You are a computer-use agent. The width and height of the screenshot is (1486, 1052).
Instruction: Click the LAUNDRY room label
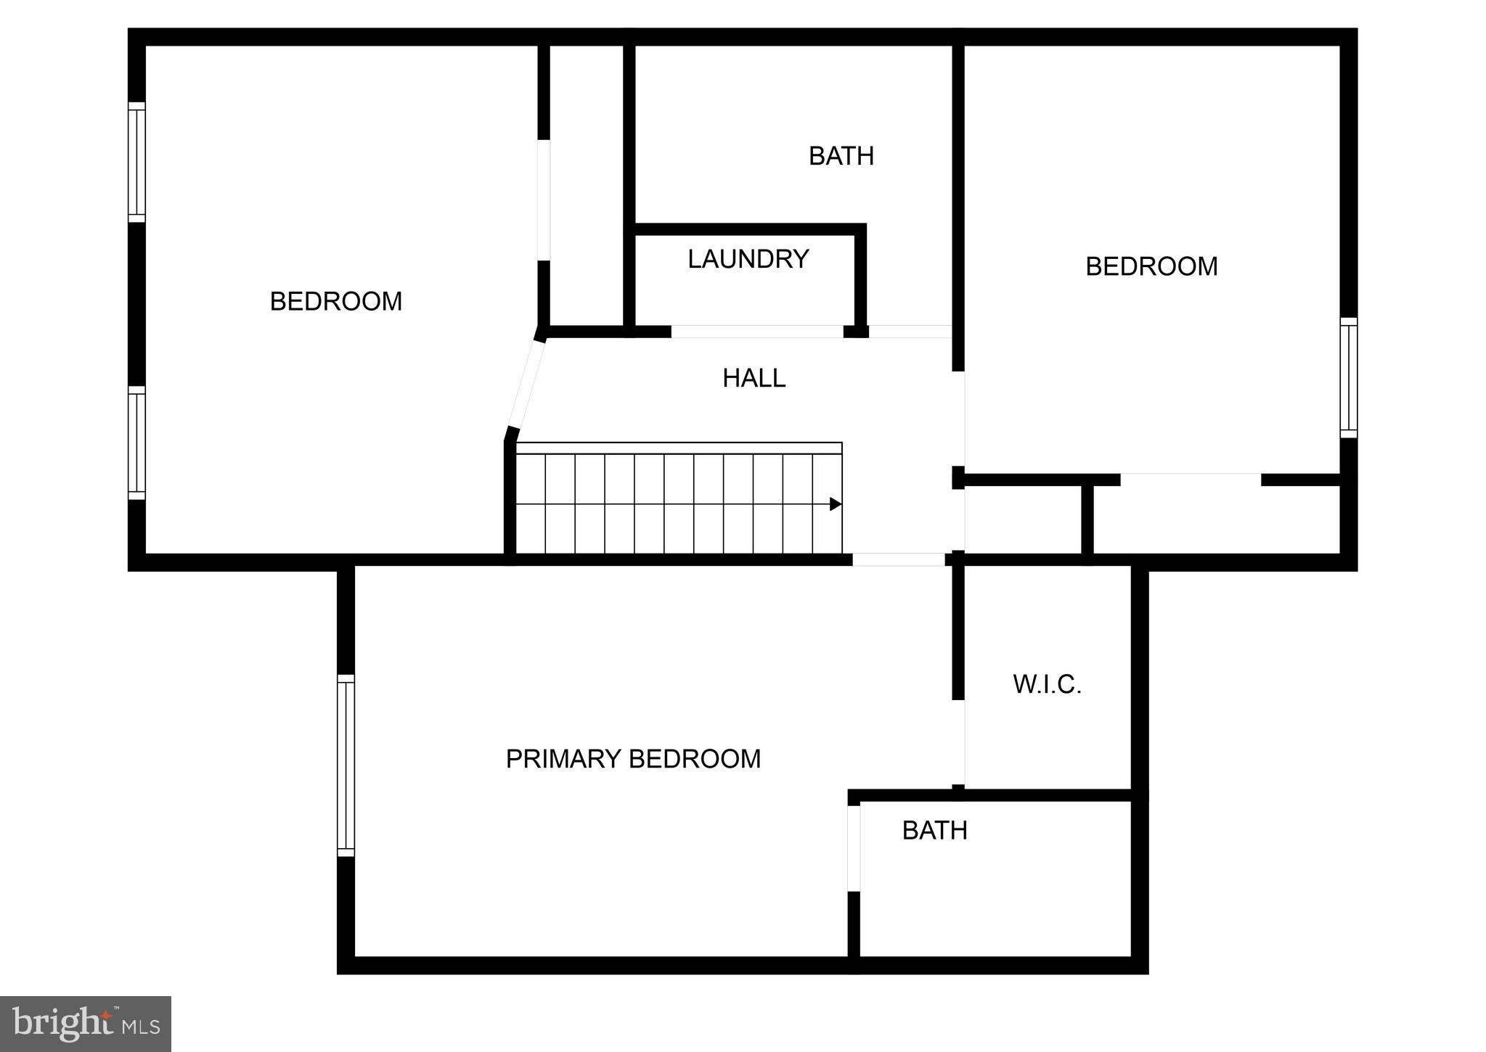(748, 259)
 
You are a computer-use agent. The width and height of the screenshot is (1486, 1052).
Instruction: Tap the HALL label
(754, 378)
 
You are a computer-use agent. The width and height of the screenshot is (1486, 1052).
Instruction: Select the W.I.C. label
(1047, 684)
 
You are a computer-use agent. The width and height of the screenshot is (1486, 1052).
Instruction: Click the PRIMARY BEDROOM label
(633, 759)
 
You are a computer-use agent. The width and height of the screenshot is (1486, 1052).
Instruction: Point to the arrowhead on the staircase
(836, 504)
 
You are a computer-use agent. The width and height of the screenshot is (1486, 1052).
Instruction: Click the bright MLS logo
(86, 1024)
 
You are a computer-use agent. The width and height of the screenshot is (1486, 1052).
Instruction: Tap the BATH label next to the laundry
(841, 156)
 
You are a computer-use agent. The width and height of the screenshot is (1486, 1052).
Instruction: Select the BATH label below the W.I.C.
(934, 831)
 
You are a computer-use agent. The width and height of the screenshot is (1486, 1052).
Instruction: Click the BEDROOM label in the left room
(335, 301)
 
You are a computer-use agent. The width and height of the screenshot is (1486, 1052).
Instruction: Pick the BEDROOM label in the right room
(1151, 266)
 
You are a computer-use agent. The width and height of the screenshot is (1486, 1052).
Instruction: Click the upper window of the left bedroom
(136, 162)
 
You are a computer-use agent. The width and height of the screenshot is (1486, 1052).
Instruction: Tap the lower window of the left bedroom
(136, 443)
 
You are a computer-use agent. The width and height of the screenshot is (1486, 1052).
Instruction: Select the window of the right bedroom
(1348, 377)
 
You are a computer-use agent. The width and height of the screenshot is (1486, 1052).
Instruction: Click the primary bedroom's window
(346, 765)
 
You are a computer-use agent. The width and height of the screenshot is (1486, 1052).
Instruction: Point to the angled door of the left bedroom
(526, 385)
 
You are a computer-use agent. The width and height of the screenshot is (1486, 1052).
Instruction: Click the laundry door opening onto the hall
(756, 332)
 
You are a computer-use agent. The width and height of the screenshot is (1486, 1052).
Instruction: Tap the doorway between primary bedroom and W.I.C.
(959, 742)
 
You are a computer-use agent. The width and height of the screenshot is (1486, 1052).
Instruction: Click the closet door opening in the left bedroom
(543, 200)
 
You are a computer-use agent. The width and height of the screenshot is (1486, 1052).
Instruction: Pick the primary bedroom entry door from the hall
(898, 559)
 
